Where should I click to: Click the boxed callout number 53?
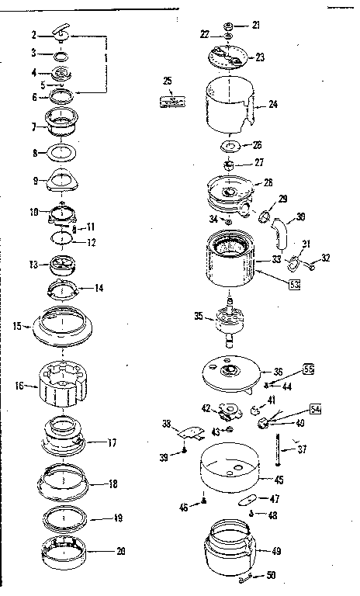pyautogui.click(x=294, y=285)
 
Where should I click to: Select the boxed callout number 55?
pyautogui.click(x=309, y=369)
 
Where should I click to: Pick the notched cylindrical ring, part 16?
pyautogui.click(x=61, y=384)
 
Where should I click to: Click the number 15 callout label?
pyautogui.click(x=17, y=326)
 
